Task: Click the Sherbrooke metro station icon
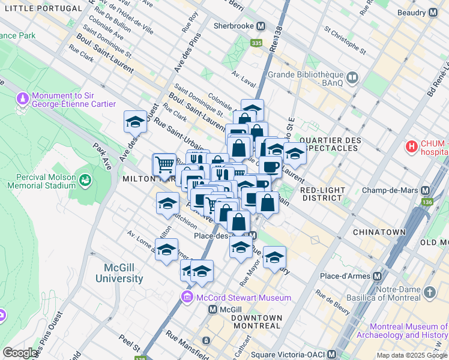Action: point(261,26)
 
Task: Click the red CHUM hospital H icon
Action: point(412,146)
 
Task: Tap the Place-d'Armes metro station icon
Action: point(378,276)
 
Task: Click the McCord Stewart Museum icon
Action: point(187,298)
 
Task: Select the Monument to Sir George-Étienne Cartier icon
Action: point(23,98)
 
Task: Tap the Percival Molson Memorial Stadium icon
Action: point(85,179)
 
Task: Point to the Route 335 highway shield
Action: point(257,43)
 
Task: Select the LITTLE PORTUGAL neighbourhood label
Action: point(41,8)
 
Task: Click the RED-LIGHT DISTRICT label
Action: point(324,194)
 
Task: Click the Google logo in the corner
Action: point(20,353)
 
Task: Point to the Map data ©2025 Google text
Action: point(411,355)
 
